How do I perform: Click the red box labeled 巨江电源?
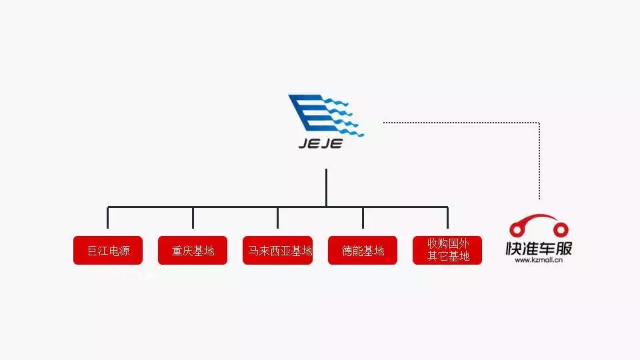tap(107, 251)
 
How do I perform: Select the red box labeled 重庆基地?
tap(193, 251)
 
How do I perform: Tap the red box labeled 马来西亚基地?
tap(278, 251)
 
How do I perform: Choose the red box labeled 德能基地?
tap(363, 251)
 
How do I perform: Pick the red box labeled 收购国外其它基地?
tap(447, 250)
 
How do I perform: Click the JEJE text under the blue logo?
tap(321, 143)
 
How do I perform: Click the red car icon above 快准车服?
tap(539, 225)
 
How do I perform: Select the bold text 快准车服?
tap(539, 249)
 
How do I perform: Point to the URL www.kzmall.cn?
tap(539, 261)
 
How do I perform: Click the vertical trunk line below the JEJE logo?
tap(326, 187)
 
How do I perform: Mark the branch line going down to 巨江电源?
tap(108, 217)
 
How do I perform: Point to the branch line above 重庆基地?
tap(193, 217)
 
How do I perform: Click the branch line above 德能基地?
tap(363, 217)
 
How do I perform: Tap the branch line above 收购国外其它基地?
tap(447, 217)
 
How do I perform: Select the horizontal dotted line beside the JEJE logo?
tap(460, 122)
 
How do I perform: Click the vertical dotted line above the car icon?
tap(539, 160)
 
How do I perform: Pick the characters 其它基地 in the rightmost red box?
tap(448, 257)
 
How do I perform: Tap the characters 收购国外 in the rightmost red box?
tap(448, 244)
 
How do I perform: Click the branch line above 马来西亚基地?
tap(278, 217)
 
